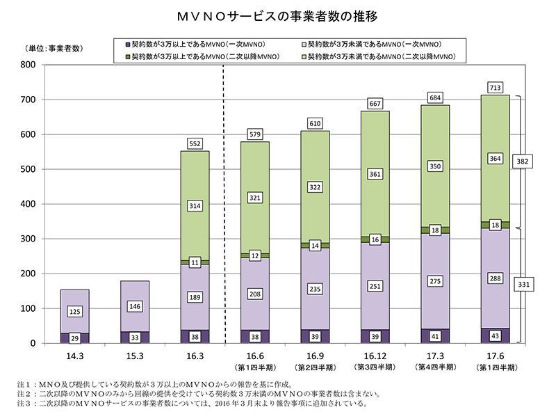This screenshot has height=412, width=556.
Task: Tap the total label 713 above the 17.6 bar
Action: (x=495, y=87)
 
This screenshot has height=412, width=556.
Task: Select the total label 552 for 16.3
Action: (x=195, y=143)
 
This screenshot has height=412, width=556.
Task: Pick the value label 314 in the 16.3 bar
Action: (x=195, y=206)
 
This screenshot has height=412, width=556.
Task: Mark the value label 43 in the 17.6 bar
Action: (x=495, y=336)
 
